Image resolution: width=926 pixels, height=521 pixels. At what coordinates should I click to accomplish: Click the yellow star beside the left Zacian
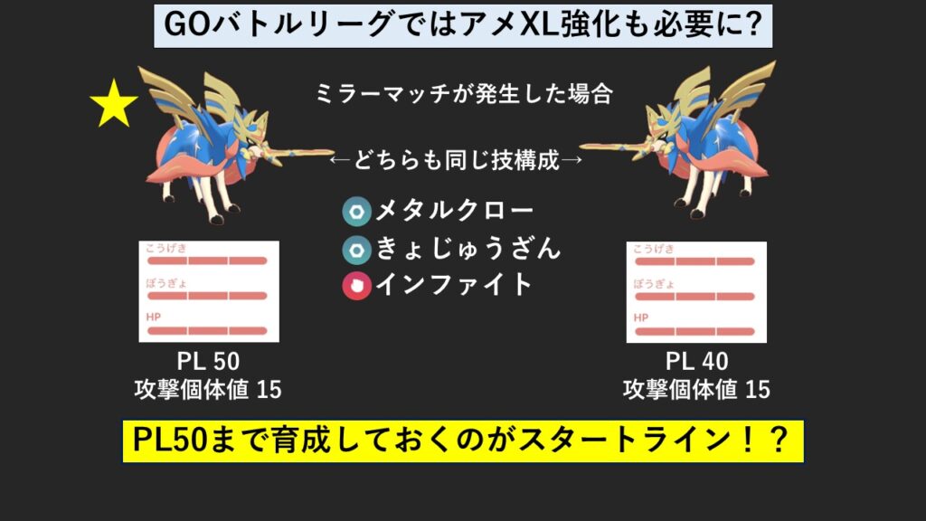pyautogui.click(x=113, y=105)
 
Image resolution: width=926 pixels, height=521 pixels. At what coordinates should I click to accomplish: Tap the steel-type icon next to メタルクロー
pyautogui.click(x=356, y=212)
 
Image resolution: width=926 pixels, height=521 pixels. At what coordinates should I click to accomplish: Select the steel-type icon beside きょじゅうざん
pyautogui.click(x=356, y=250)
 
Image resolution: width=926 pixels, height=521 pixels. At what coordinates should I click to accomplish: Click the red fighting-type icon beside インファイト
pyautogui.click(x=356, y=286)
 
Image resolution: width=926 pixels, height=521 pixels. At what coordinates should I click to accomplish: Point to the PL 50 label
pyautogui.click(x=209, y=361)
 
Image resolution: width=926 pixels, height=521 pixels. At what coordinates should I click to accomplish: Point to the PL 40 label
pyautogui.click(x=697, y=361)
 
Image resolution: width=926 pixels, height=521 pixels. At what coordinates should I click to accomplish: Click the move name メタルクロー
pyautogui.click(x=455, y=210)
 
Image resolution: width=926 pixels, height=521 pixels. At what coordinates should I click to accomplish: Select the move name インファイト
pyautogui.click(x=454, y=285)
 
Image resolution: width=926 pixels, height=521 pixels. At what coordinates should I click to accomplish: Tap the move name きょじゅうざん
pyautogui.click(x=468, y=248)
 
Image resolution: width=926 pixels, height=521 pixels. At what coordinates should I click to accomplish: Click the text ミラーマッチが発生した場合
pyautogui.click(x=464, y=94)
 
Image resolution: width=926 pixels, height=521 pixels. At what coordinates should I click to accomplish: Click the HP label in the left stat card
pyautogui.click(x=154, y=317)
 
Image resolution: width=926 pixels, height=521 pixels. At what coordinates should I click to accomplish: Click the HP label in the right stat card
pyautogui.click(x=641, y=317)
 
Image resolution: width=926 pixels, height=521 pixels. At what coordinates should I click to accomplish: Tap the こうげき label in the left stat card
pyautogui.click(x=166, y=248)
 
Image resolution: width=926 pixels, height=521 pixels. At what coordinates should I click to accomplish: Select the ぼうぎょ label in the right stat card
pyautogui.click(x=654, y=284)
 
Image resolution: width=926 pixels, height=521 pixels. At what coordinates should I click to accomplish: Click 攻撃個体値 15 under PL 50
pyautogui.click(x=208, y=390)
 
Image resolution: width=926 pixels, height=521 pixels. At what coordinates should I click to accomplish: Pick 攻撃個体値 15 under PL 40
pyautogui.click(x=696, y=390)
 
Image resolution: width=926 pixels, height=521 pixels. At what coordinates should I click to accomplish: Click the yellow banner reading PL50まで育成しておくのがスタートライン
pyautogui.click(x=463, y=441)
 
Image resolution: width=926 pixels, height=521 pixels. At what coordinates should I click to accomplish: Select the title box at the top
pyautogui.click(x=463, y=26)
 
